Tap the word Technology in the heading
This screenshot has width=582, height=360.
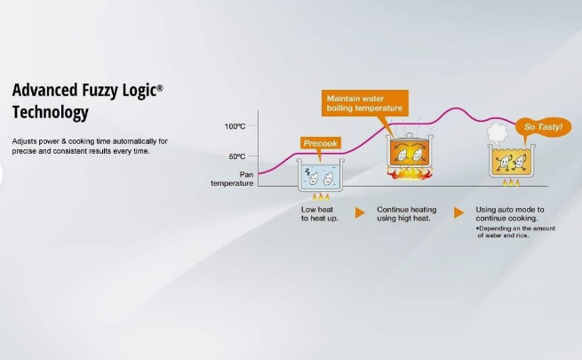click(x=51, y=112)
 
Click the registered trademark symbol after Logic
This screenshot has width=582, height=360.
click(x=159, y=88)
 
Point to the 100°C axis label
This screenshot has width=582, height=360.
click(x=235, y=126)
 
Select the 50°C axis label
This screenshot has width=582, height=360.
click(x=237, y=156)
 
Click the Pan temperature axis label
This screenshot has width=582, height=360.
click(x=232, y=179)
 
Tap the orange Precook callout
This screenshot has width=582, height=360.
click(x=321, y=144)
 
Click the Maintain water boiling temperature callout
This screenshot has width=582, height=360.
click(x=365, y=103)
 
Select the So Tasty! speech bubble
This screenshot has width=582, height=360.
click(x=543, y=127)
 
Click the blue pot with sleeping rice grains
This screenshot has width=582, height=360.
click(x=321, y=175)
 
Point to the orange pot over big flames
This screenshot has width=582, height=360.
click(x=410, y=153)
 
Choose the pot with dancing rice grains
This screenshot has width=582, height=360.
click(x=511, y=161)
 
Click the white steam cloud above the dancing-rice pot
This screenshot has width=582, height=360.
click(x=497, y=132)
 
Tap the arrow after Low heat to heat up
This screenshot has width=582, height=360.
click(x=360, y=213)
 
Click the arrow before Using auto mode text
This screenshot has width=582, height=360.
click(x=458, y=213)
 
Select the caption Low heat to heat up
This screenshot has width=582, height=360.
click(x=320, y=213)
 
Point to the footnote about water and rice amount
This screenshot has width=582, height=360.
click(x=516, y=232)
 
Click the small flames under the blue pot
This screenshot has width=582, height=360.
click(x=321, y=196)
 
